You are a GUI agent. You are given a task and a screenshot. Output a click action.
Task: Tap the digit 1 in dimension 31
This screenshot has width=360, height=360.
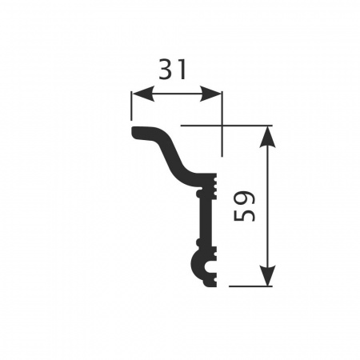pyautogui.click(x=181, y=70)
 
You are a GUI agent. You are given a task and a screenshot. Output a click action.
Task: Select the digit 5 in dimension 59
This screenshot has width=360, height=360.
pyautogui.click(x=244, y=214)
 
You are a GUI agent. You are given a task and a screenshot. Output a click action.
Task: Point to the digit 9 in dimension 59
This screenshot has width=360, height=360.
pyautogui.click(x=244, y=198)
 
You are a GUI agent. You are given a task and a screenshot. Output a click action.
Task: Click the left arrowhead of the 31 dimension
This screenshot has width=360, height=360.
pyautogui.click(x=143, y=94)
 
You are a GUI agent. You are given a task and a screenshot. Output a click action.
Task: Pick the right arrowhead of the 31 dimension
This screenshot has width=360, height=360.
pyautogui.click(x=210, y=94)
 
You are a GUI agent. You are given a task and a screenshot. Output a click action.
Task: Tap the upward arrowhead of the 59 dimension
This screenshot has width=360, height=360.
pyautogui.click(x=267, y=136)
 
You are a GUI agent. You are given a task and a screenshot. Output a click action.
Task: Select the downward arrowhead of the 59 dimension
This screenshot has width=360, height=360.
pyautogui.click(x=267, y=275)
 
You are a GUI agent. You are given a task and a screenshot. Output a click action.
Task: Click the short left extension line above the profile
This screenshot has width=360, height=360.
pyautogui.click(x=131, y=106)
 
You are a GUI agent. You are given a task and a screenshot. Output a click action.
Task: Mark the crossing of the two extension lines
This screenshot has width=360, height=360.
pyautogui.click(x=222, y=125)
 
